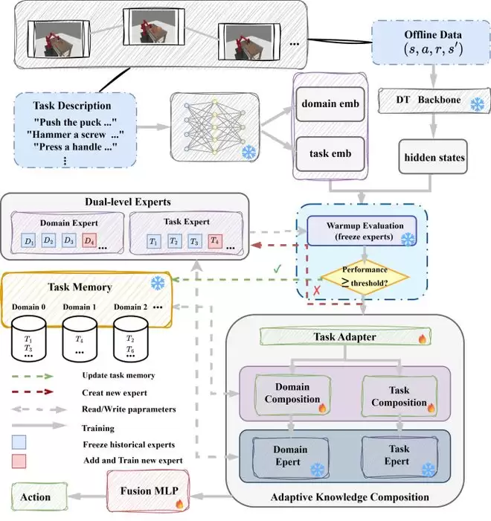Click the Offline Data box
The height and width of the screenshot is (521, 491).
431,42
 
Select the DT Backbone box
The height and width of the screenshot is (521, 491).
434,100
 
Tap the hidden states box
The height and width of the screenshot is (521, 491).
433,157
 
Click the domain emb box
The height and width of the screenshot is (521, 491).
330,104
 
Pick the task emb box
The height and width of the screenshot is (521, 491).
330,154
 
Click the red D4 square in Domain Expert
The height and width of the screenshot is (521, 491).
89,240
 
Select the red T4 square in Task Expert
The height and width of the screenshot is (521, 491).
215,241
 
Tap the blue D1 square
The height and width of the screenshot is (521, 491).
28,241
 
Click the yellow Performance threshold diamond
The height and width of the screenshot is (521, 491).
365,277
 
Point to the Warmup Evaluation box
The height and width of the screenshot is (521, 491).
362,231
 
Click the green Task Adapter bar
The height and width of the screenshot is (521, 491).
345,336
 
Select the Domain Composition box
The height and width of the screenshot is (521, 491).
292,394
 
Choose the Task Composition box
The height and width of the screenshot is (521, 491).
399,396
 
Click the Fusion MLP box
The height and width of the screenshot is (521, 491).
148,491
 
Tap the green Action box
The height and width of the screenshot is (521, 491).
39,496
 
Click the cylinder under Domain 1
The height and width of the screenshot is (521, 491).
80,339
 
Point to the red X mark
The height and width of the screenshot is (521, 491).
317,290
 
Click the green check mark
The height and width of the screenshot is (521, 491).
277,269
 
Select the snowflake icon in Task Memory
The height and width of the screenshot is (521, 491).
158,283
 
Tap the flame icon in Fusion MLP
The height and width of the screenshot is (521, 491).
179,504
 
